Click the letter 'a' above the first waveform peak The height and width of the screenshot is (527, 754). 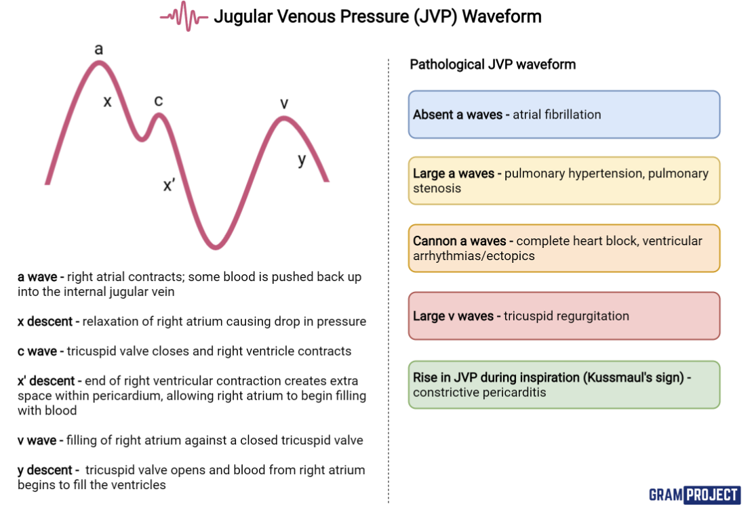pyautogui.click(x=99, y=49)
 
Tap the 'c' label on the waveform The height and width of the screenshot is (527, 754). pyautogui.click(x=158, y=101)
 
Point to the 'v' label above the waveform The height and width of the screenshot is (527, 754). pyautogui.click(x=284, y=103)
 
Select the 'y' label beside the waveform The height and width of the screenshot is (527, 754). pyautogui.click(x=302, y=160)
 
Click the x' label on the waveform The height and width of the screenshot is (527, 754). pyautogui.click(x=170, y=185)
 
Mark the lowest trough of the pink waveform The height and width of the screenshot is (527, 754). pyautogui.click(x=215, y=246)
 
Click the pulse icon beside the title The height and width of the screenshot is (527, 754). pyautogui.click(x=184, y=16)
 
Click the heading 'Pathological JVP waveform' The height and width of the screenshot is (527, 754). pyautogui.click(x=493, y=64)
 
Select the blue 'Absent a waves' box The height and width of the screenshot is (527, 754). pyautogui.click(x=563, y=114)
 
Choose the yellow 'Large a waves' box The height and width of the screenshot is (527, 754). pyautogui.click(x=563, y=181)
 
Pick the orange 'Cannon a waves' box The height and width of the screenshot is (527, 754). pyautogui.click(x=563, y=248)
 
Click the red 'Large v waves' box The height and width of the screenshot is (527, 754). pyautogui.click(x=563, y=316)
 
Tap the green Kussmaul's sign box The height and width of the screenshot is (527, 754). pyautogui.click(x=563, y=385)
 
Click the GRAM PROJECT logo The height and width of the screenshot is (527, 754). pyautogui.click(x=694, y=494)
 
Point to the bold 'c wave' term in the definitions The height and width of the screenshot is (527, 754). pyautogui.click(x=41, y=351)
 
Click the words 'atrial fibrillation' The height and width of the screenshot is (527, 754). pyautogui.click(x=557, y=114)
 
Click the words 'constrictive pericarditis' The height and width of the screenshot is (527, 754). pyautogui.click(x=480, y=392)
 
